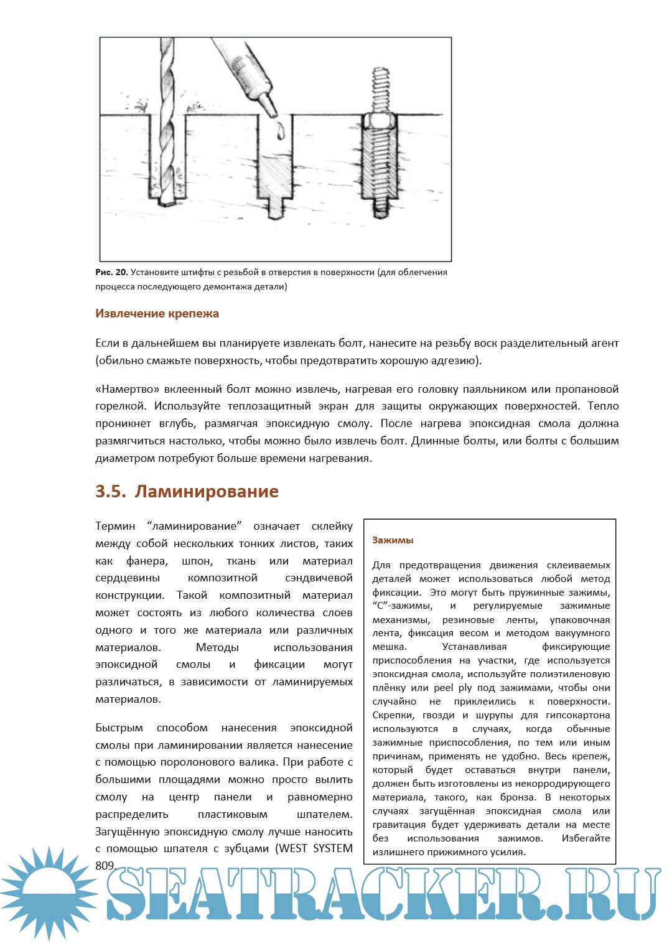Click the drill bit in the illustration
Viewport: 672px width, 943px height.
pyautogui.click(x=167, y=124)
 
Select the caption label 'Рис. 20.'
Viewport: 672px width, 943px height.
pyautogui.click(x=112, y=272)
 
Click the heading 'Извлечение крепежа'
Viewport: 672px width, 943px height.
pyautogui.click(x=157, y=314)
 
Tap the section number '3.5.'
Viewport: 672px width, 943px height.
pyautogui.click(x=111, y=491)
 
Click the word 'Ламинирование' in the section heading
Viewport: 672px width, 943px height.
pyautogui.click(x=207, y=491)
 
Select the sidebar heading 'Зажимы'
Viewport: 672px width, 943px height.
pyautogui.click(x=393, y=540)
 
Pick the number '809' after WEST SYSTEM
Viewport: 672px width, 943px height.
pyautogui.click(x=105, y=865)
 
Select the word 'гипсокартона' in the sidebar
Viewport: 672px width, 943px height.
pyautogui.click(x=579, y=715)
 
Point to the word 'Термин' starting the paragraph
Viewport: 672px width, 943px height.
pyautogui.click(x=115, y=526)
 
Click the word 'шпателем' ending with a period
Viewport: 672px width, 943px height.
pyautogui.click(x=324, y=814)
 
